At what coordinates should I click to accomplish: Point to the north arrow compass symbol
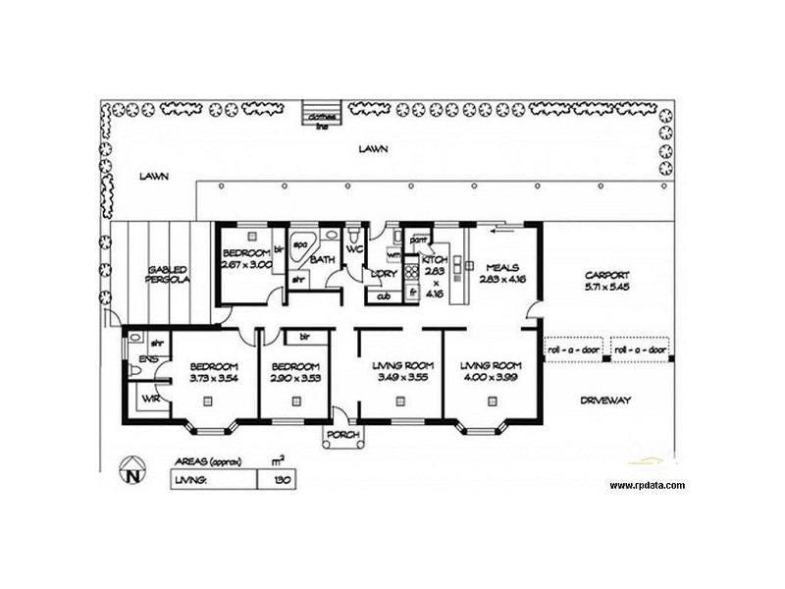pos(131,476)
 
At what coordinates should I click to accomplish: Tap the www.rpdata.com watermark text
pos(647,485)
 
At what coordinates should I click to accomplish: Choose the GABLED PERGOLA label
pos(168,274)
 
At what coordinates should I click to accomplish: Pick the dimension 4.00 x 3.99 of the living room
pos(490,377)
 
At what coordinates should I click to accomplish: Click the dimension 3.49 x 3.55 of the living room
pos(401,377)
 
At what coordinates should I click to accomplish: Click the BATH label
pos(322,260)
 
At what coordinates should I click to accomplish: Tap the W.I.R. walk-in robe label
pos(149,399)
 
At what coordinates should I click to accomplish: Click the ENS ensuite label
pos(147,360)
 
